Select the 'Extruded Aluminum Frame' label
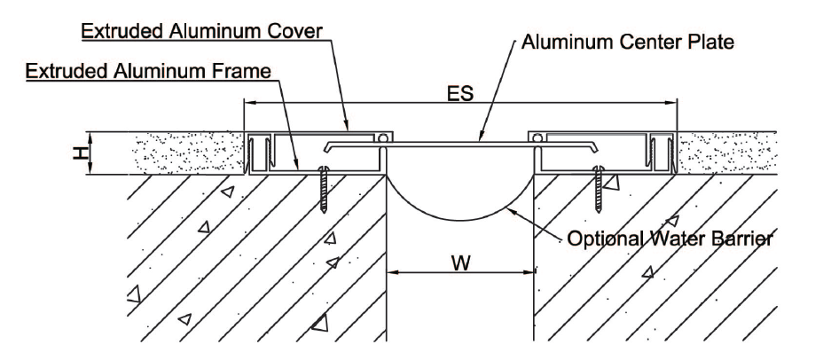(146, 70)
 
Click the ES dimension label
(459, 93)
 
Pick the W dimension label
(458, 262)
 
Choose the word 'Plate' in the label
(714, 43)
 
